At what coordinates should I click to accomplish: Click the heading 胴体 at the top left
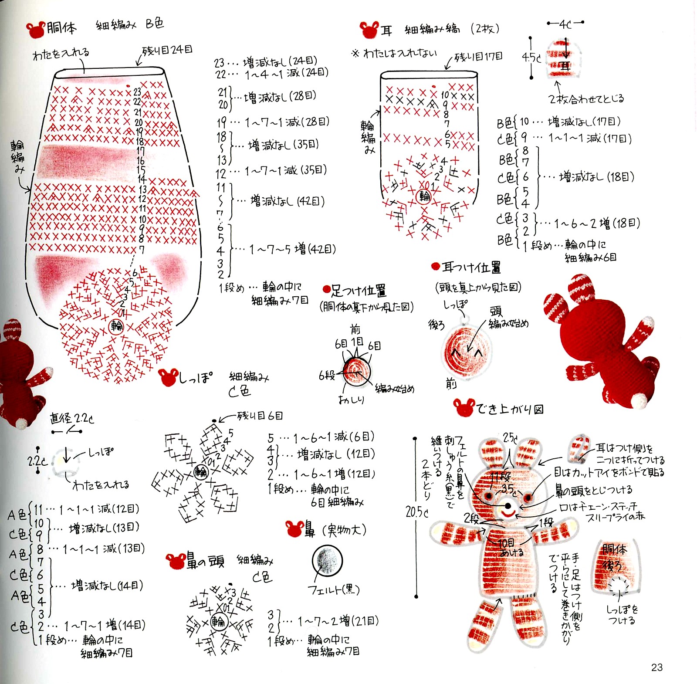(x=61, y=28)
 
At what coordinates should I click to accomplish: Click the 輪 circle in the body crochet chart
(x=117, y=326)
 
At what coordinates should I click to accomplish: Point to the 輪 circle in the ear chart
(x=424, y=196)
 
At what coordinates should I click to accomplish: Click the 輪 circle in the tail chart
(x=200, y=472)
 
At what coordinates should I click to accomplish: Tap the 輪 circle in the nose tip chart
(x=218, y=622)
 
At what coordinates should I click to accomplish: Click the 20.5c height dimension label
(x=417, y=512)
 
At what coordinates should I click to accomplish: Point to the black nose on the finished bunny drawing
(x=508, y=506)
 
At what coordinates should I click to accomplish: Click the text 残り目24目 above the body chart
(x=168, y=50)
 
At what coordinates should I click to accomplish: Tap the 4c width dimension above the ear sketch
(x=565, y=24)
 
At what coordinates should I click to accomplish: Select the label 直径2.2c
(x=71, y=419)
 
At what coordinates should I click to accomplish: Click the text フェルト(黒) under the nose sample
(x=334, y=590)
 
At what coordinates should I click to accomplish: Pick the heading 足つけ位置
(x=358, y=290)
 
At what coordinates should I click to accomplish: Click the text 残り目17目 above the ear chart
(x=478, y=57)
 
